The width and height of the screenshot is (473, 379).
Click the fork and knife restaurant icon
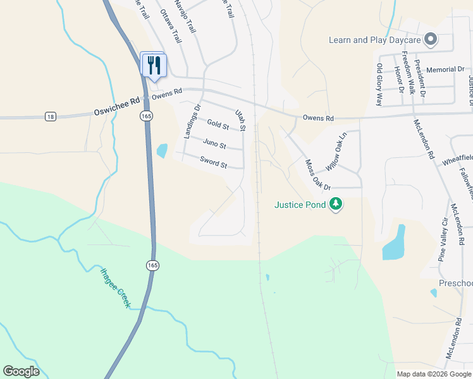(154, 64)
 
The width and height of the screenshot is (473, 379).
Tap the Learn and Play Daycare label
(375, 40)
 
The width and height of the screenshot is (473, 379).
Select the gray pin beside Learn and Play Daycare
(431, 39)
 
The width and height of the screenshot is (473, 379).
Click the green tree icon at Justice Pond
(336, 204)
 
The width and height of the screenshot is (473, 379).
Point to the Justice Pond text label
(300, 205)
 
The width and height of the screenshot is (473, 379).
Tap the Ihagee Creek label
(115, 287)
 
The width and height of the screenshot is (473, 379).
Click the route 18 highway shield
(51, 116)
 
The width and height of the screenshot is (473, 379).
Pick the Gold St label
(218, 126)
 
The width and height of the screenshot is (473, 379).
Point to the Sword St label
(213, 162)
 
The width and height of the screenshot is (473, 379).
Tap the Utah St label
(240, 119)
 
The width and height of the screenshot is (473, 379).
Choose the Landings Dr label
(191, 121)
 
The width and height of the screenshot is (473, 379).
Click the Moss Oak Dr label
(318, 175)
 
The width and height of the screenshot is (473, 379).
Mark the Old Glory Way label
(379, 85)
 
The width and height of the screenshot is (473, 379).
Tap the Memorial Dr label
(445, 69)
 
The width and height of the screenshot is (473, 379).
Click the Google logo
(21, 371)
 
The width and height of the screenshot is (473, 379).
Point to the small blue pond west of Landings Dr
(162, 150)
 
